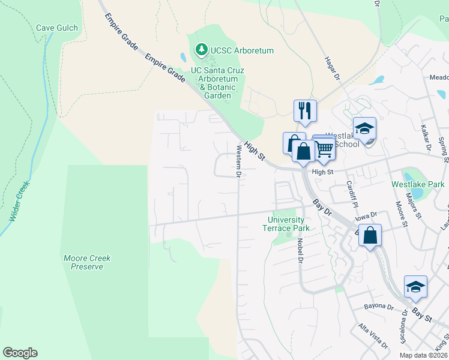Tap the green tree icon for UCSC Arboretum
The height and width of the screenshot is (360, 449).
click(202, 50)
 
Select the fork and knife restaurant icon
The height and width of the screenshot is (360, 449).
click(305, 111)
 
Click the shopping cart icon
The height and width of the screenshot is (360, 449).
click(324, 148)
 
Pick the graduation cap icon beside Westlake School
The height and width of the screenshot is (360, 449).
click(364, 129)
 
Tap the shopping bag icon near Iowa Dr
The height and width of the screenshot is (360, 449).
click(370, 236)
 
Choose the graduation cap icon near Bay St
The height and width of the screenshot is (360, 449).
click(415, 287)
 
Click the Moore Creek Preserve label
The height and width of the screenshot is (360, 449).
click(87, 262)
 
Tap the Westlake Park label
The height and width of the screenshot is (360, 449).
click(418, 184)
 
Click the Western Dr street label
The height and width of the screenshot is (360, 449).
click(238, 161)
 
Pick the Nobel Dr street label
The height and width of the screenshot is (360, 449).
click(299, 250)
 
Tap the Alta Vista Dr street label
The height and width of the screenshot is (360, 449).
click(373, 335)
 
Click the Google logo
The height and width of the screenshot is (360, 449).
click(20, 352)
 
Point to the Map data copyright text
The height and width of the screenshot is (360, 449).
click(423, 355)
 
